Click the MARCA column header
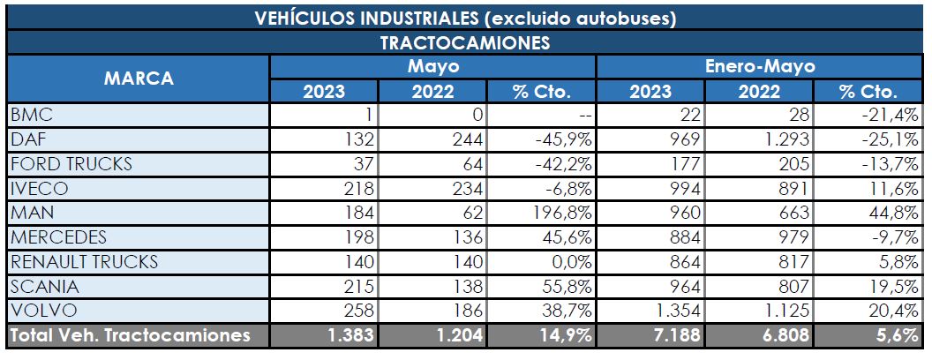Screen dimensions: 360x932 [138, 79]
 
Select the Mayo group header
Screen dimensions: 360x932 [433, 66]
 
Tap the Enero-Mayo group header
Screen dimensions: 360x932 [760, 66]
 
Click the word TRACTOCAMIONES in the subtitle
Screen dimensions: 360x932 [465, 42]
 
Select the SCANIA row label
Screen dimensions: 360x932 [43, 286]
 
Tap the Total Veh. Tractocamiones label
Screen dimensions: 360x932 [131, 335]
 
